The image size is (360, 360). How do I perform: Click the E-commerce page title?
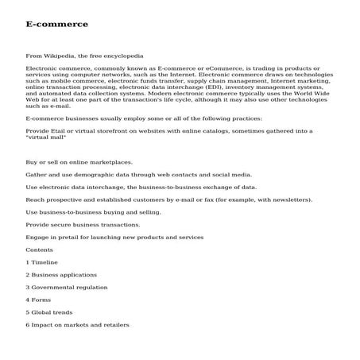pos(56,24)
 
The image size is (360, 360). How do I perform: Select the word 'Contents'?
pos(40,250)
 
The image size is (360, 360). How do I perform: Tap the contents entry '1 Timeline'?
pos(41,262)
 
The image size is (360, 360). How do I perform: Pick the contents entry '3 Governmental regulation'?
pos(67,287)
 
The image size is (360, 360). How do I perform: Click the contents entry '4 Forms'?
pos(38,300)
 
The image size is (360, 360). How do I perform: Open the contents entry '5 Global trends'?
pos(49,312)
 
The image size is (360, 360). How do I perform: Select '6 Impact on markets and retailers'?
pos(77,324)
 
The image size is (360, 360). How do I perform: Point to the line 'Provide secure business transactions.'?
pos(83,224)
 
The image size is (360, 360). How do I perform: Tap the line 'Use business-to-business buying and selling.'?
pos(94,212)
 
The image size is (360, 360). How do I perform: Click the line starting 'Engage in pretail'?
pos(114,237)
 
